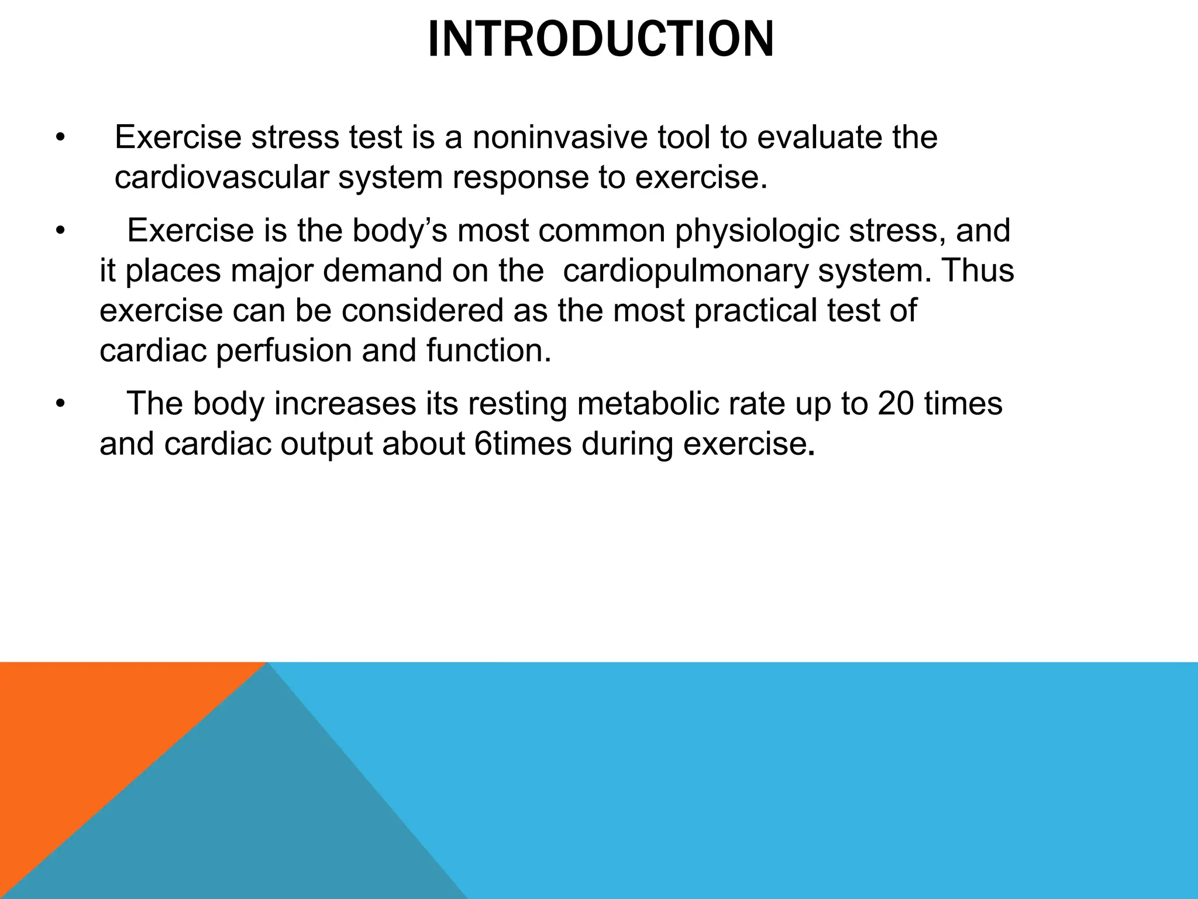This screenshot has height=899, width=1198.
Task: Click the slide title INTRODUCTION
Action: [x=600, y=40]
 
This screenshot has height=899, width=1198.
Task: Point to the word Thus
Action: [x=976, y=270]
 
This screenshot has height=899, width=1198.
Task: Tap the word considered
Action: [x=422, y=310]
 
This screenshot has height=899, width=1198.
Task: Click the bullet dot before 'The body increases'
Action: [x=59, y=404]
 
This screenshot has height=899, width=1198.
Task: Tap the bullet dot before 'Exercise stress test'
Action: [x=59, y=138]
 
